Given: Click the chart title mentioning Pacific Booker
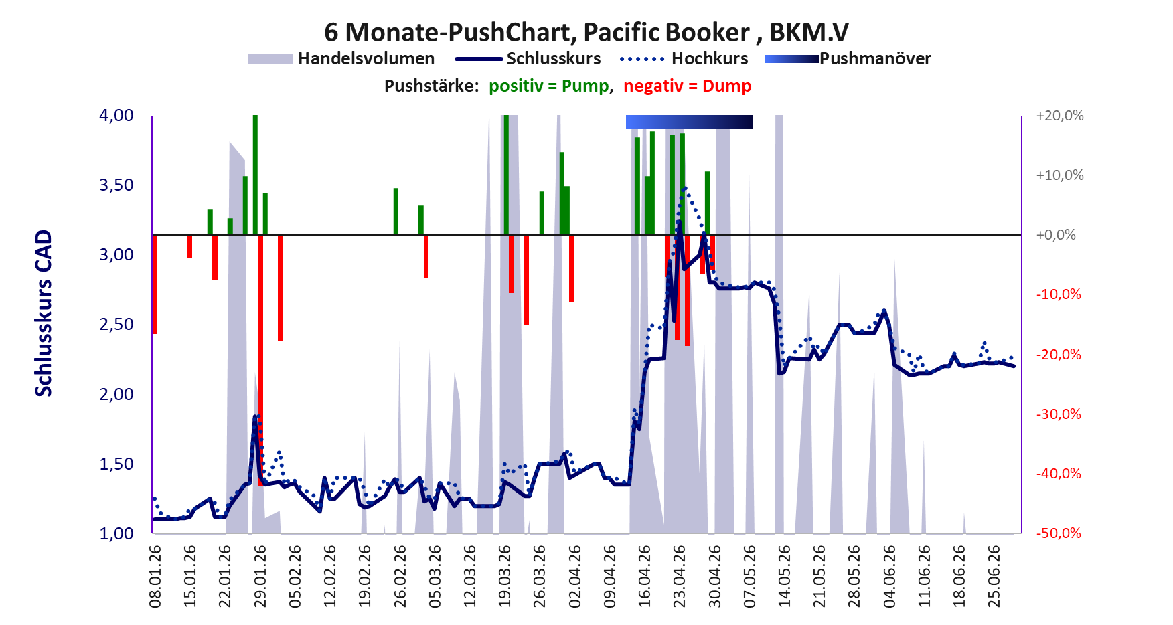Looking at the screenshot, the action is coord(586,32).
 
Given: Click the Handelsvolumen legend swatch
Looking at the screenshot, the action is coord(270,59).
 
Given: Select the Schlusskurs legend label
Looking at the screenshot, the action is coord(554,59).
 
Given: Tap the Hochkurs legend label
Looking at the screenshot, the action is coord(710,59).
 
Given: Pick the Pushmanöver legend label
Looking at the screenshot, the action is coord(875,59).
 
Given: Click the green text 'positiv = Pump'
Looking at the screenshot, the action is coord(549,86).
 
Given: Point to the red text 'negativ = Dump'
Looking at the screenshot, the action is coord(687,86).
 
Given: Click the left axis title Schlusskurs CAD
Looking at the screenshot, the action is coord(44,313).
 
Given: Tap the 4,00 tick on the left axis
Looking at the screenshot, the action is coord(116,116).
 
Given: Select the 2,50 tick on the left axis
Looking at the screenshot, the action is coord(116,325).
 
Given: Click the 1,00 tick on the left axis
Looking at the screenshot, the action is coord(116,533).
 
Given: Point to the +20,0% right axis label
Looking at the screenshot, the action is coord(1059,116).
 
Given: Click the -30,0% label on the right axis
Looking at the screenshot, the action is coord(1059,414).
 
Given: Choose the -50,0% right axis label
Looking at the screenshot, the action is coord(1059,533).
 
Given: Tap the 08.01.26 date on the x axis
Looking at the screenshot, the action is coord(155,577).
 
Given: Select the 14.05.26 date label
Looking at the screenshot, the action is coord(784,577).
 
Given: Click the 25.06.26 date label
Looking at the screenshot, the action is coord(994,577).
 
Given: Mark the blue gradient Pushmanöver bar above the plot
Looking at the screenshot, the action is coord(689,122).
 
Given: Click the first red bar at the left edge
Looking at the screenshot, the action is coord(155,284).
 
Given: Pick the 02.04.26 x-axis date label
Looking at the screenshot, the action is coord(574,577).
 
